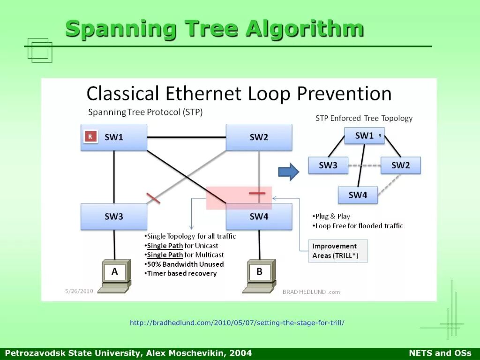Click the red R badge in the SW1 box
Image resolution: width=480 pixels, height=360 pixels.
point(90,137)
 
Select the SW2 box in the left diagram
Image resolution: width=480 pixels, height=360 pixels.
point(259,137)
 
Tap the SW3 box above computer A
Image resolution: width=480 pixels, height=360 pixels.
point(114,217)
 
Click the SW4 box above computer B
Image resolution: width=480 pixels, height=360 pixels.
point(259,217)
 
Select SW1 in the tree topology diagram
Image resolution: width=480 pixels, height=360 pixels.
point(364,136)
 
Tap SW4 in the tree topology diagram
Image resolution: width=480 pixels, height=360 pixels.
point(358,195)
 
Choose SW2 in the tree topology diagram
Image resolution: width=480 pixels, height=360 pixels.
point(400,165)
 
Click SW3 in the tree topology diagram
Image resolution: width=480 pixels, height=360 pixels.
point(328,165)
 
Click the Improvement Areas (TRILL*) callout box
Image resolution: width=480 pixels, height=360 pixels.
point(337,251)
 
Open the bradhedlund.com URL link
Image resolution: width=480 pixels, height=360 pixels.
point(237,323)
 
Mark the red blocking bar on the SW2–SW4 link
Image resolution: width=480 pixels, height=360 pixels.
point(257,193)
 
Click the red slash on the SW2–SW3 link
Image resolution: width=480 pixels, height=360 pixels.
point(153,198)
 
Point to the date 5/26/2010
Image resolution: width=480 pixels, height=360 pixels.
point(79,291)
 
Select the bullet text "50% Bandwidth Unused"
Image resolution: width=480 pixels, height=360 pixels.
point(185,264)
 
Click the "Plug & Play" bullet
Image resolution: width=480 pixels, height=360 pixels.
point(332,217)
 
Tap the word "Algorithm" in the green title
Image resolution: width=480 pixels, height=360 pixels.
point(305,29)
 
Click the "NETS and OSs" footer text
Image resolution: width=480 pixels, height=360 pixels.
point(440,353)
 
